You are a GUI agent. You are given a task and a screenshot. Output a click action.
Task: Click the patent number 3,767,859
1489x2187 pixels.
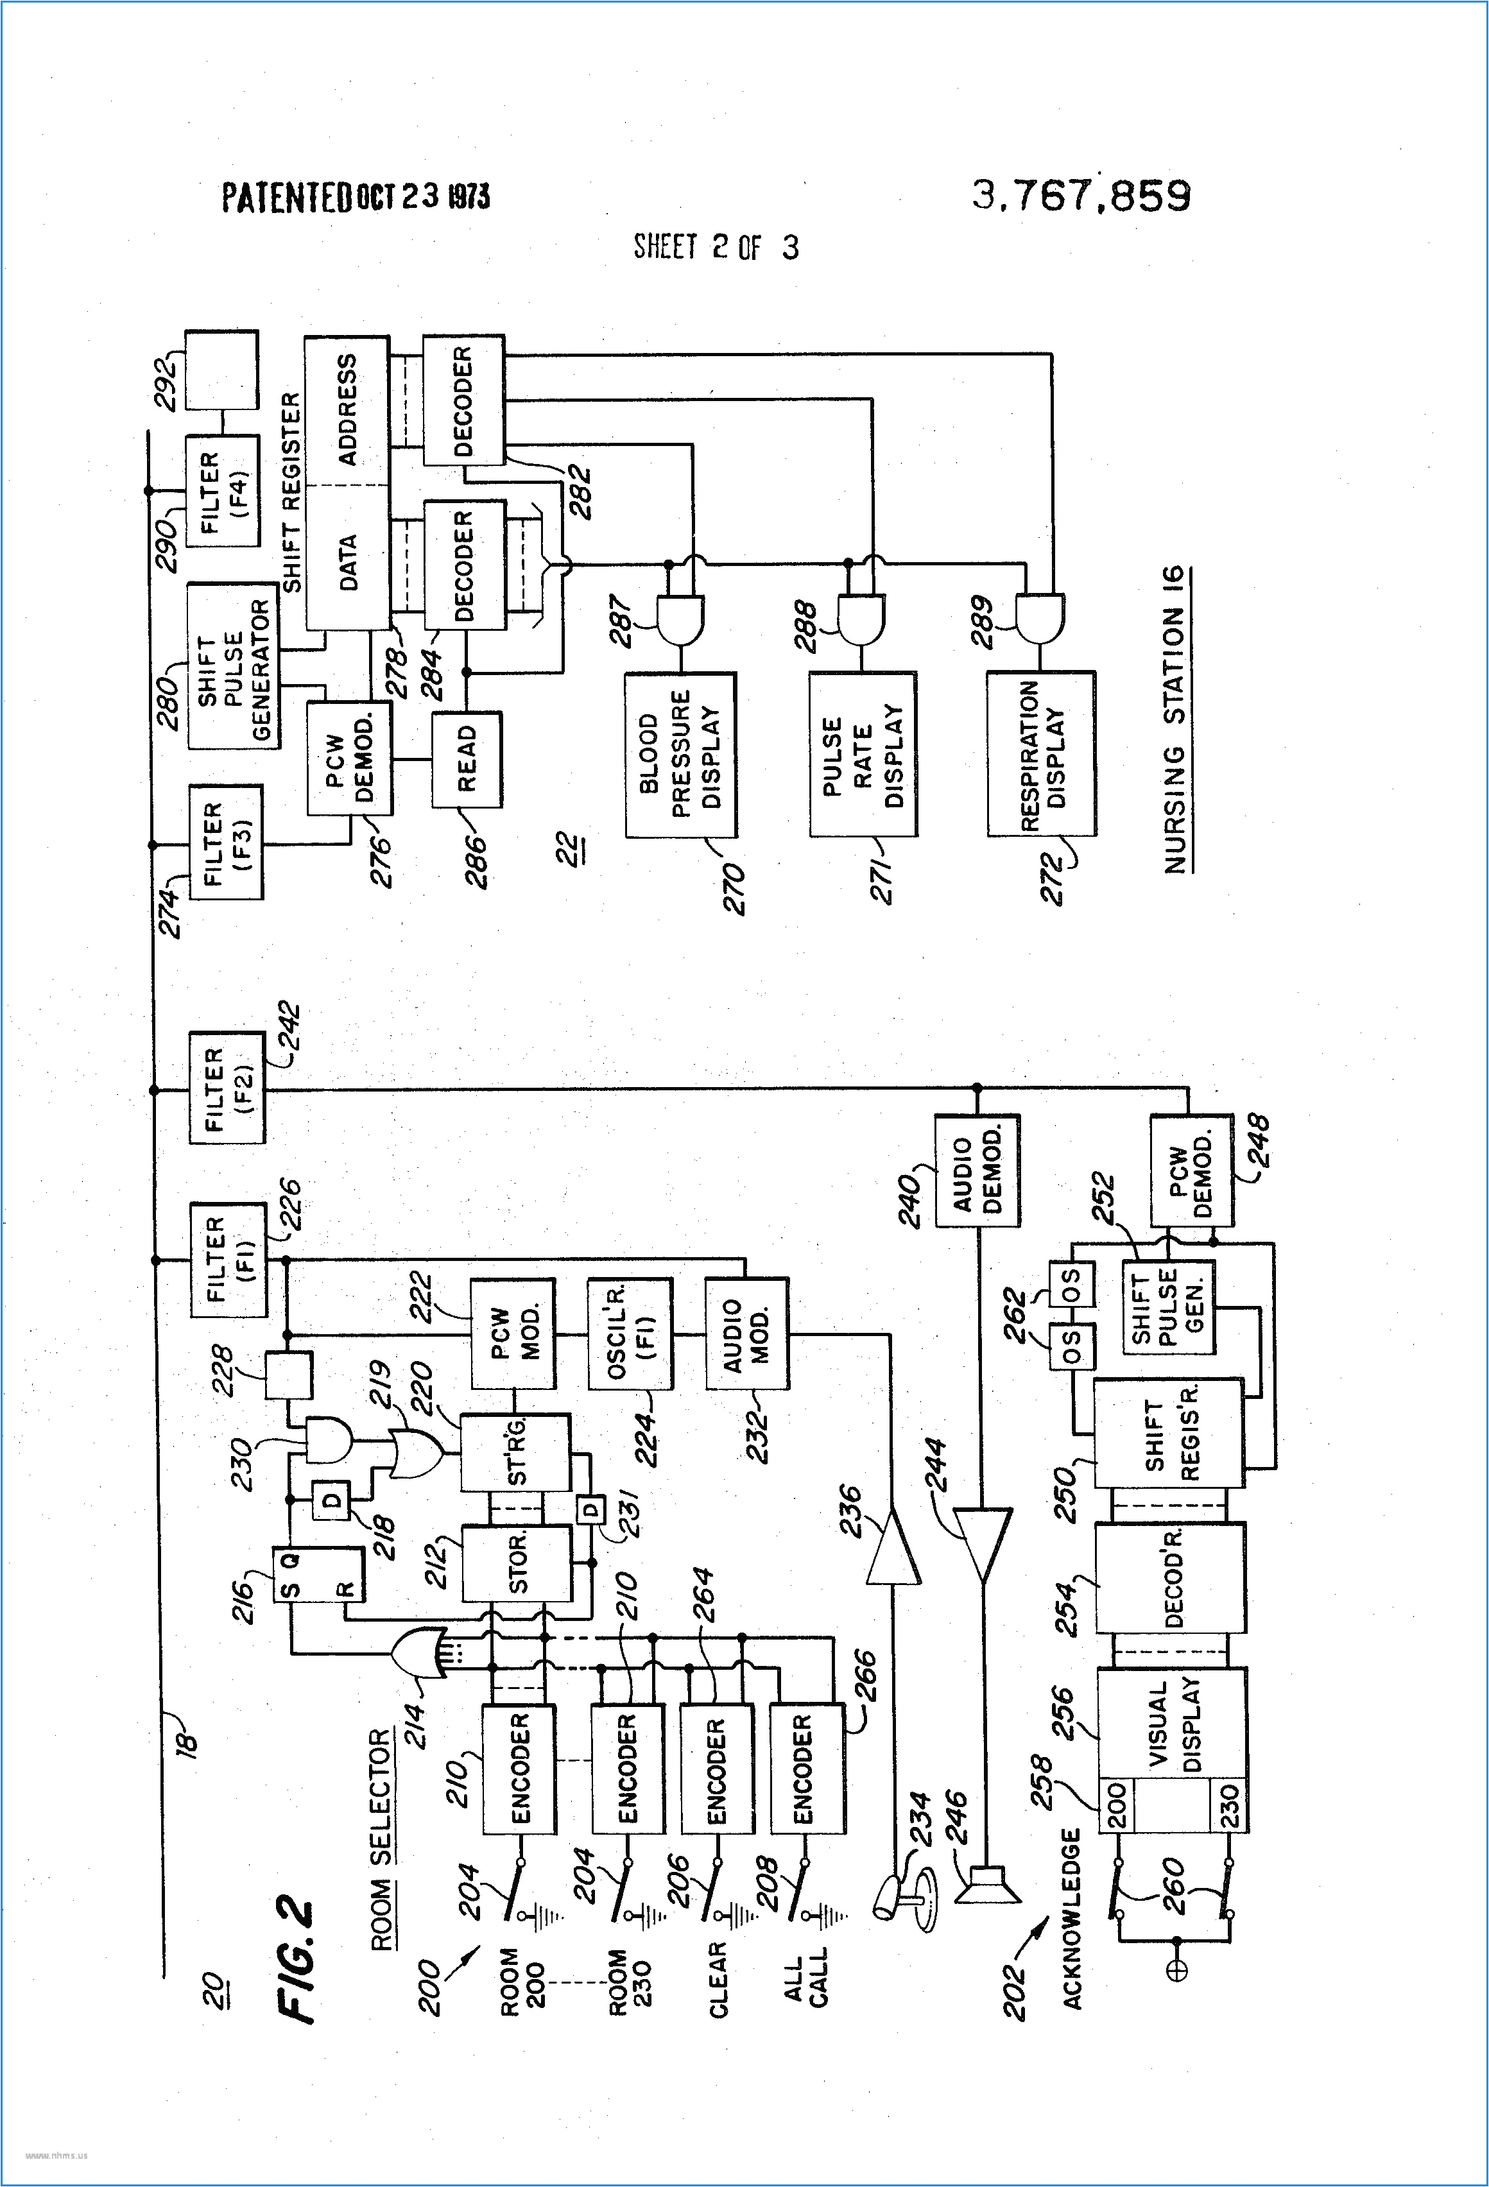click(1081, 196)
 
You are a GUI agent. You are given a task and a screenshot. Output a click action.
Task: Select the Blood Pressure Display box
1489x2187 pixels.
click(680, 755)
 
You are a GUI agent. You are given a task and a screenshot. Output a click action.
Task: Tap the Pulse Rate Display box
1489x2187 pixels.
click(862, 755)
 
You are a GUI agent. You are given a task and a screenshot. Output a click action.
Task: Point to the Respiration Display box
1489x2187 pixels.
click(1041, 755)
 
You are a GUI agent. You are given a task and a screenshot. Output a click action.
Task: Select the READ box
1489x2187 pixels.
click(467, 759)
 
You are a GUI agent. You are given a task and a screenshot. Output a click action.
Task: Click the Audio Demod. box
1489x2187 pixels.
click(977, 1171)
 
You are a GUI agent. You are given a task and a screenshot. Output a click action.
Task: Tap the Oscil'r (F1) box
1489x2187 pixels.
click(630, 1334)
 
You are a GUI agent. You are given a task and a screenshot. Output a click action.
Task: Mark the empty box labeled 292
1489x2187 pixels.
click(222, 369)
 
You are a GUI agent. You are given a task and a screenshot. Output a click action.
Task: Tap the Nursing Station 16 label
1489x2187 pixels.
click(1175, 720)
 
